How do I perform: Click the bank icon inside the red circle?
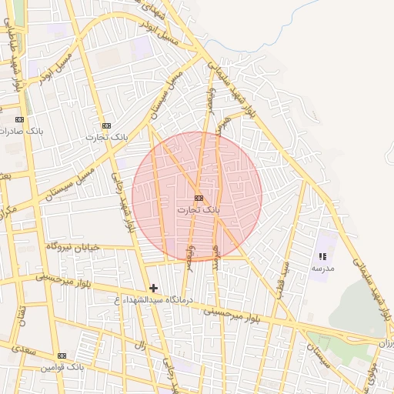pos(199,198)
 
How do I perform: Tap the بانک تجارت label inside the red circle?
pos(199,209)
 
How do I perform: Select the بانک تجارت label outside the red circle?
pos(106,137)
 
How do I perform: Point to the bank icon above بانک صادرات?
pos(19,119)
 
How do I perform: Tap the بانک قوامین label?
pos(62,367)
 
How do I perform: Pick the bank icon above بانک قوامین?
pos(62,356)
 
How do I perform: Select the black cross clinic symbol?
pos(154,288)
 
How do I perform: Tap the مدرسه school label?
pos(322,268)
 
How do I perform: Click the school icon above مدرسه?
pos(322,256)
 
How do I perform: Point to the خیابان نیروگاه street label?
pos(73,245)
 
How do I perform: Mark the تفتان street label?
pos(22,312)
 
